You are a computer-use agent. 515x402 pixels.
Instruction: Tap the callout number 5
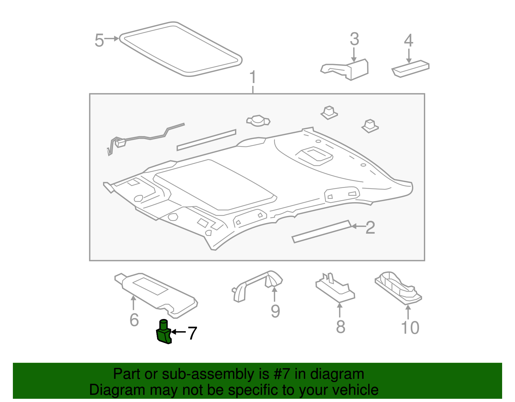point(99,41)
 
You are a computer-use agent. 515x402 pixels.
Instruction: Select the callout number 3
point(354,39)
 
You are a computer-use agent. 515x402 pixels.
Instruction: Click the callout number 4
point(408,41)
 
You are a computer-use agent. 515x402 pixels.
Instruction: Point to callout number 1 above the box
point(253,77)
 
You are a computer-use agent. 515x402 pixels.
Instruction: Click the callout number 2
point(370,228)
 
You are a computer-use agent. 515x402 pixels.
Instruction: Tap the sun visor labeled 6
point(154,293)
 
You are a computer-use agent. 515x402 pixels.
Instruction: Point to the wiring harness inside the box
point(145,137)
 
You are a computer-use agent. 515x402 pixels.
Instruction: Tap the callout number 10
point(410,328)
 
